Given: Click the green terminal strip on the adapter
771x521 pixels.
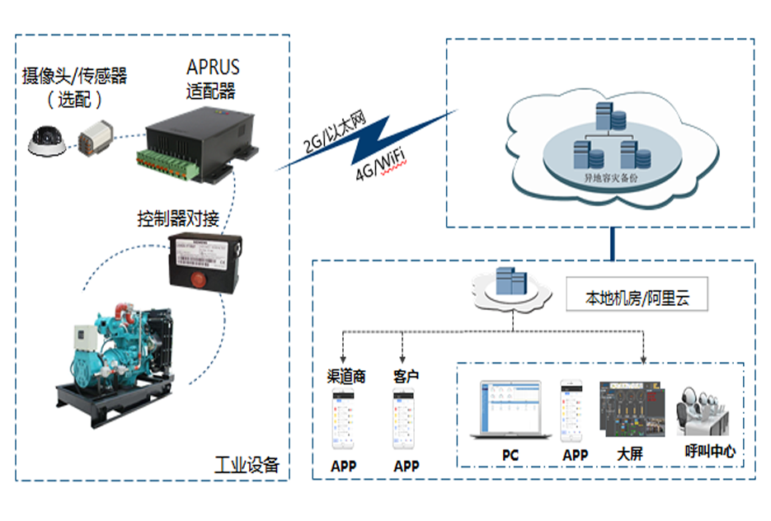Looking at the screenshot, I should [169, 165].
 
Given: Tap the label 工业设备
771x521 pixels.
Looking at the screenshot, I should [247, 464].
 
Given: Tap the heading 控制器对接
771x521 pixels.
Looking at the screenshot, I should [177, 219].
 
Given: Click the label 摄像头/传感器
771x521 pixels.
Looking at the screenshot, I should [74, 77].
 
